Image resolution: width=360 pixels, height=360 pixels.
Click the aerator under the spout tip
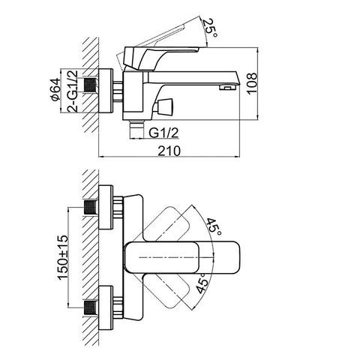click(x=223, y=88)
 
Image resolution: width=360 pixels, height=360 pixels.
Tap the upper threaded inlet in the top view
click(x=92, y=206)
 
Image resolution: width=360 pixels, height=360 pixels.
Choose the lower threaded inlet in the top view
click(x=92, y=306)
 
